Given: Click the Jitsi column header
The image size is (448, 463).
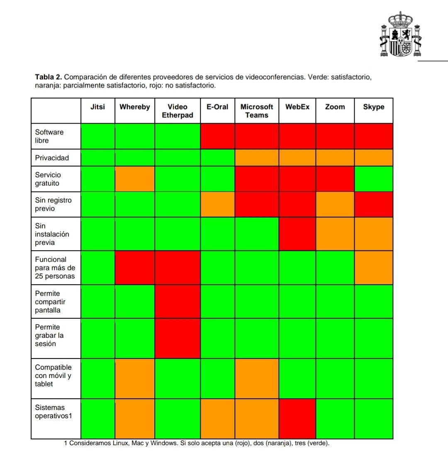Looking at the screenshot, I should click(x=97, y=107).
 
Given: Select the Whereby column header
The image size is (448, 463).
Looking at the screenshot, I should click(x=135, y=107).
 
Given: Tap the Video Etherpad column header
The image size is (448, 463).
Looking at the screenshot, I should click(x=178, y=111).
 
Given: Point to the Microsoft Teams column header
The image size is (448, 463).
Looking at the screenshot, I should click(x=257, y=111).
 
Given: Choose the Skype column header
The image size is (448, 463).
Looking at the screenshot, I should click(x=373, y=107).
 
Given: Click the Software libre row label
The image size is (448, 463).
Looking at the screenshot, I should click(x=49, y=136).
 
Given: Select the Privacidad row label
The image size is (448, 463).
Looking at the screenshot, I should click(x=52, y=158).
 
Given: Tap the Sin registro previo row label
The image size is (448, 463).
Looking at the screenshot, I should click(x=53, y=204).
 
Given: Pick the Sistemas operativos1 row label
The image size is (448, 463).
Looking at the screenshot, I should click(x=53, y=412).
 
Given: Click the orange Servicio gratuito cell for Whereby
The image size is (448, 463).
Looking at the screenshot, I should click(x=135, y=179).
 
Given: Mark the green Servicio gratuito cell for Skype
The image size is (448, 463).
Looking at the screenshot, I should click(x=373, y=179).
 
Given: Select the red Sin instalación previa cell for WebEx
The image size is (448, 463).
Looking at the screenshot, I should click(x=297, y=234).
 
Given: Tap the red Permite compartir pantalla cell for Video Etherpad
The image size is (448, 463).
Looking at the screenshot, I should click(x=178, y=301).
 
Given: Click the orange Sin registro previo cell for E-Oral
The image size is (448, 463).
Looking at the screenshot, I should click(x=217, y=204).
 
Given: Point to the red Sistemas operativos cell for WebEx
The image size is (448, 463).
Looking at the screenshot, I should click(x=297, y=419).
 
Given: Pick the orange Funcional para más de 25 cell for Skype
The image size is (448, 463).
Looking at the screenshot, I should click(x=373, y=267).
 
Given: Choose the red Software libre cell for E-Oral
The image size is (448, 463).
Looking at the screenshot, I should click(x=217, y=136).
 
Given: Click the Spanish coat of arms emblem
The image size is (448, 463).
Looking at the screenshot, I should click(x=400, y=35).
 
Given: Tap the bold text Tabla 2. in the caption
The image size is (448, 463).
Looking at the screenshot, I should click(x=49, y=77).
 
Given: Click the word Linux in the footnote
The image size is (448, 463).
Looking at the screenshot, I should click(x=121, y=444).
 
